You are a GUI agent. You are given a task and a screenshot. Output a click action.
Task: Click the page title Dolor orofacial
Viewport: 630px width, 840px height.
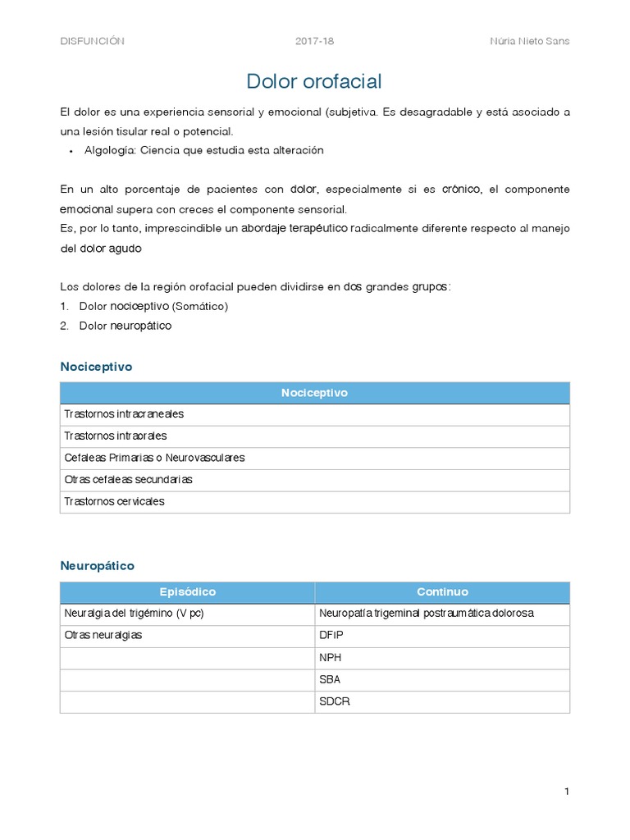314,81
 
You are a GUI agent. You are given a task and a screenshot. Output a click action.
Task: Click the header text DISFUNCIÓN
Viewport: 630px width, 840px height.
92,42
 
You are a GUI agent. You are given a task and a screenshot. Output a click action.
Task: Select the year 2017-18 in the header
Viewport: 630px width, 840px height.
314,42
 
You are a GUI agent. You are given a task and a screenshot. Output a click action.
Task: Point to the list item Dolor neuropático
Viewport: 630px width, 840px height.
125,326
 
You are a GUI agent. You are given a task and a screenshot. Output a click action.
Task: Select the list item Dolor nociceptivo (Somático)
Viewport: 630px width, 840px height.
153,306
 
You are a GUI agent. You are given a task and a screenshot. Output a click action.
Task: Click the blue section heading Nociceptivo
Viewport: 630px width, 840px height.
96,367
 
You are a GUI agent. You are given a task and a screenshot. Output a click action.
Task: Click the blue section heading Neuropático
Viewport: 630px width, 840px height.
97,566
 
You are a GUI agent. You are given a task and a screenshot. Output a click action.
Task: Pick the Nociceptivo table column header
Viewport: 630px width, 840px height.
314,393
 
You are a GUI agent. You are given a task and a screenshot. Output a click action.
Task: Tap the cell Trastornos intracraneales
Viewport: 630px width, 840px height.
124,414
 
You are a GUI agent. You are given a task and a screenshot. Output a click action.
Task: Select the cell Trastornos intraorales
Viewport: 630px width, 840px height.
115,436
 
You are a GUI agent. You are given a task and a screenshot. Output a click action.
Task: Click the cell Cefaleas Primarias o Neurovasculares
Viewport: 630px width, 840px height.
154,458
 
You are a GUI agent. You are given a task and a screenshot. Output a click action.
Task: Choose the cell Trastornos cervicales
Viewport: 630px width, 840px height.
114,501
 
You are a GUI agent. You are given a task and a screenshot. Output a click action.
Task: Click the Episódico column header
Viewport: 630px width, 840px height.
187,592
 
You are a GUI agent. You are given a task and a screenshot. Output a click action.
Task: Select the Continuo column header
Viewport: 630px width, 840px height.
442,592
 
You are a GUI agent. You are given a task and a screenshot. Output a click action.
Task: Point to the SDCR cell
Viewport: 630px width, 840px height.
334,701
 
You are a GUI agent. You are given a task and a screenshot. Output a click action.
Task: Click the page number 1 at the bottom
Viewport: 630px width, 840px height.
566,792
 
